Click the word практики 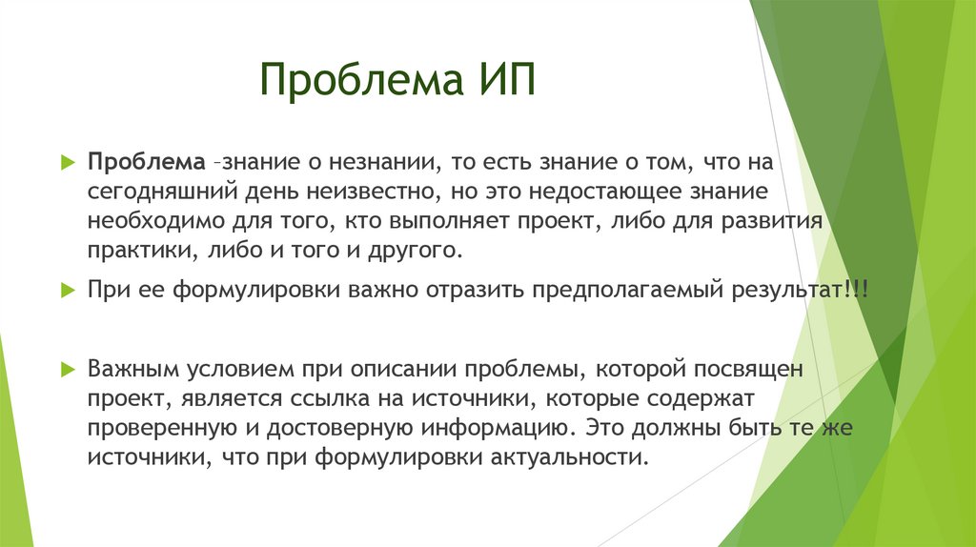coord(139,253)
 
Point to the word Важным coord(127,369)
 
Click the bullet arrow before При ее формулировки coord(66,290)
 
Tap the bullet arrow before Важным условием coord(66,369)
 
